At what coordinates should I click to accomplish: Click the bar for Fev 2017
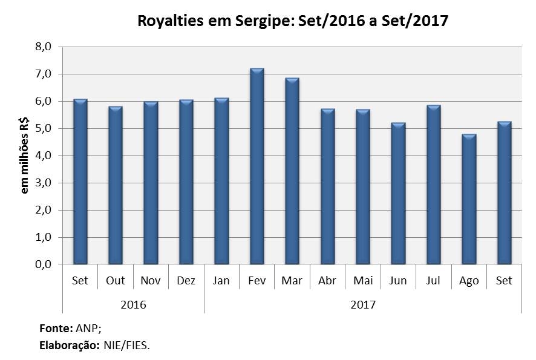257,166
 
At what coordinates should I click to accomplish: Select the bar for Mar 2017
292,171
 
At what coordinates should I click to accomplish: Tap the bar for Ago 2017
469,199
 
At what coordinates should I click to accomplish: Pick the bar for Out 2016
116,185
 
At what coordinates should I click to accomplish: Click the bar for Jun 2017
398,194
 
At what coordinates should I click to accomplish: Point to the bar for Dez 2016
186,182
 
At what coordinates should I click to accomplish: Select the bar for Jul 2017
434,185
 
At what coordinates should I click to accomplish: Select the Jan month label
221,281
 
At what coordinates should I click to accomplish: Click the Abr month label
327,281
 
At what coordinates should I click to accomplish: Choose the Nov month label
151,281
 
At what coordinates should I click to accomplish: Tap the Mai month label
362,281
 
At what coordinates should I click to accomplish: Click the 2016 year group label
133,304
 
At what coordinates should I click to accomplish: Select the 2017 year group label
363,304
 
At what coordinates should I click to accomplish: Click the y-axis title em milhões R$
25,155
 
